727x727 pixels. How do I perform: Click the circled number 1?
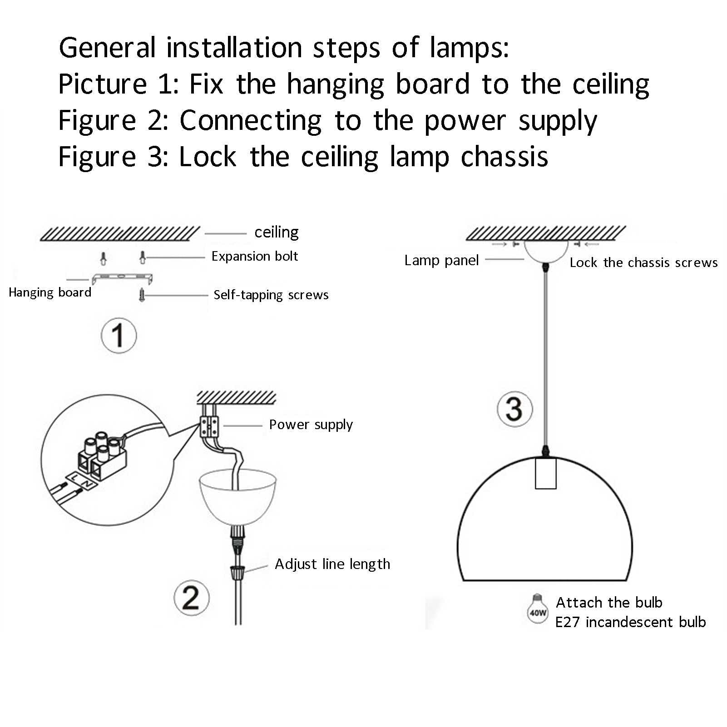119,336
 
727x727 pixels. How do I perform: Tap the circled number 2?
192,598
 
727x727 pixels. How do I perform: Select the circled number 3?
514,409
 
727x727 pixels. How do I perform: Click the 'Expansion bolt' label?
254,257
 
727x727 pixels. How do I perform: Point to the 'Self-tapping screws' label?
271,295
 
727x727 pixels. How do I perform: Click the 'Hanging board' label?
50,292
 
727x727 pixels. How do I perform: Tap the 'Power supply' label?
311,425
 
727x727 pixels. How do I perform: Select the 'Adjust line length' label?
332,564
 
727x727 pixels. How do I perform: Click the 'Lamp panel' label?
441,261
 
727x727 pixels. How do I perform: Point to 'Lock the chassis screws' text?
643,263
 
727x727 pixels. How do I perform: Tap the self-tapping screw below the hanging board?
142,295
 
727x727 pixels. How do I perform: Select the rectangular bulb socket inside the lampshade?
545,473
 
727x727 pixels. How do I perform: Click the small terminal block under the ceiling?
209,426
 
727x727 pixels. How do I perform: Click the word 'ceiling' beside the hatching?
276,232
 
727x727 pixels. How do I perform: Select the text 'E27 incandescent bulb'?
630,622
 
